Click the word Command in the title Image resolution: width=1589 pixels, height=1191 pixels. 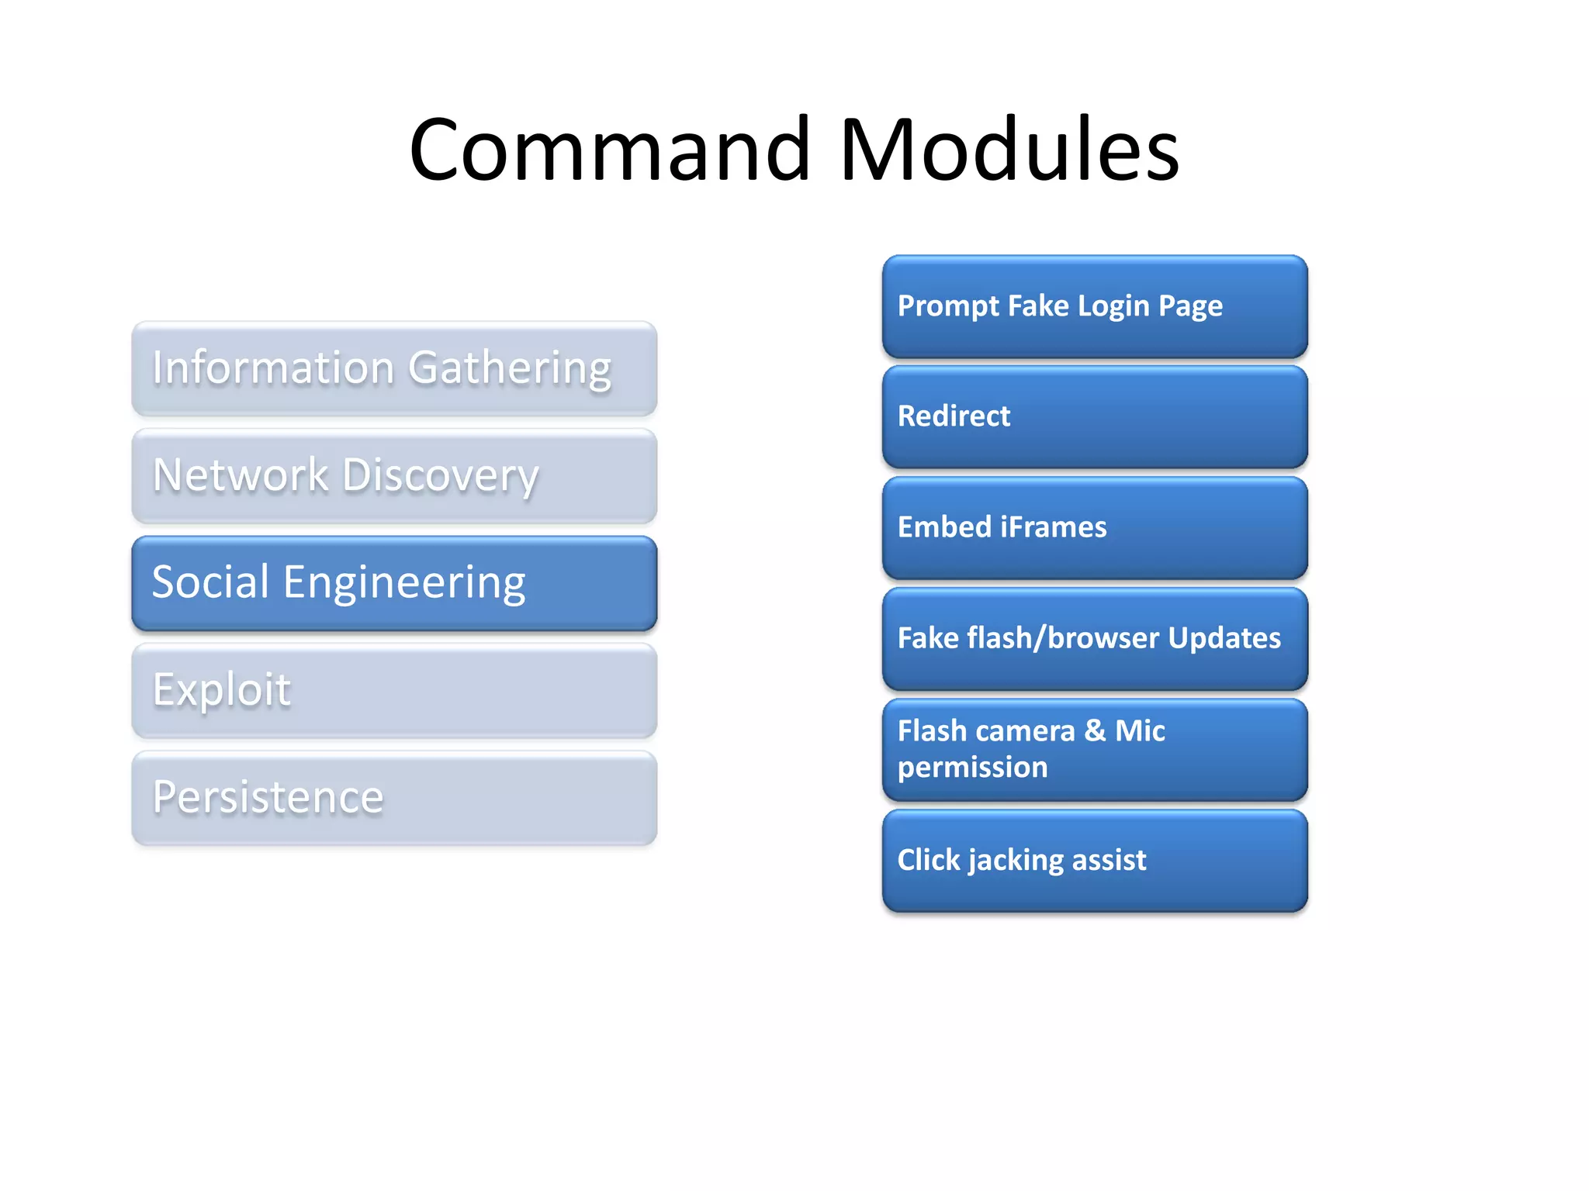coord(610,149)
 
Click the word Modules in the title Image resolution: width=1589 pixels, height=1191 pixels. coord(1009,149)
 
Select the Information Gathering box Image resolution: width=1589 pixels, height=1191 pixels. coord(394,369)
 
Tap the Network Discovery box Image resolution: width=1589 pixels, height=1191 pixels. coord(394,476)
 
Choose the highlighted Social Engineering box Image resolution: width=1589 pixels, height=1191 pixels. coord(394,583)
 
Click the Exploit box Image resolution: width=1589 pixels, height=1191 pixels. coord(394,690)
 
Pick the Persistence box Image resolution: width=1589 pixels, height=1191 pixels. coord(394,797)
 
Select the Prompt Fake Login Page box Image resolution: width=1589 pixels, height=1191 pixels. coord(1094,306)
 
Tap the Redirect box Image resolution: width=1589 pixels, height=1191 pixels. coord(1094,417)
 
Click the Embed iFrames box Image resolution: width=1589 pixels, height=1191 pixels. coord(1094,528)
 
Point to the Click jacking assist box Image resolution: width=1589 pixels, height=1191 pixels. coord(1094,861)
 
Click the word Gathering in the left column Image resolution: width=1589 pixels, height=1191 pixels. coord(510,369)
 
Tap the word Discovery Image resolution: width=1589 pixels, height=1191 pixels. coord(440,476)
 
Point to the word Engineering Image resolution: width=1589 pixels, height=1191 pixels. coord(404,583)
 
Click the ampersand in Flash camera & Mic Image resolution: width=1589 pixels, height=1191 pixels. coord(1095,730)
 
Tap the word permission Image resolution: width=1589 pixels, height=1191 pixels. coord(972,768)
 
